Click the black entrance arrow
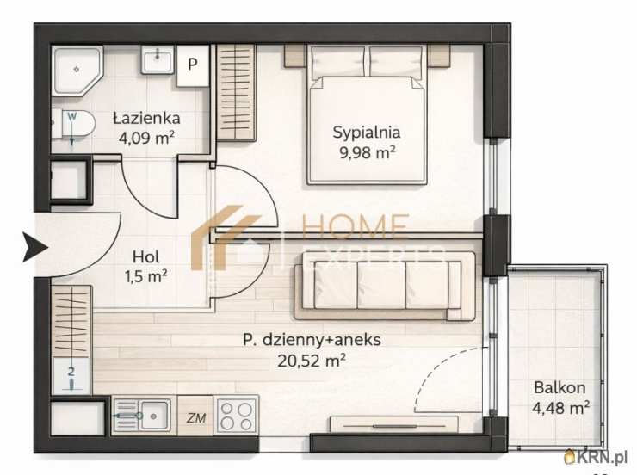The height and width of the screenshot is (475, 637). point(36,247)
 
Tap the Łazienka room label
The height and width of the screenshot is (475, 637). point(146,118)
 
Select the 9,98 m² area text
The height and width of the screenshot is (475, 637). point(368,152)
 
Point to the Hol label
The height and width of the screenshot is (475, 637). point(145,256)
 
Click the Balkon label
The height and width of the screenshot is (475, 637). point(560,387)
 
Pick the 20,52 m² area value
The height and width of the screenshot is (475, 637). point(312,360)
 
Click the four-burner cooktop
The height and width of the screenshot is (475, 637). point(236,416)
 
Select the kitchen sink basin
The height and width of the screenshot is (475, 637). point(153,416)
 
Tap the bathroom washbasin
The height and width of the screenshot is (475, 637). point(158,59)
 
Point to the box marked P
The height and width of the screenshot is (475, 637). point(193,65)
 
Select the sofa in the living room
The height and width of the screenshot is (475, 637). point(384,285)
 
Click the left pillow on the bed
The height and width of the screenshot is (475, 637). point(338,63)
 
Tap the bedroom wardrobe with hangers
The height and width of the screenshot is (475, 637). point(236,93)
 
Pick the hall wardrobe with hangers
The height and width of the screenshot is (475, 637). point(72,321)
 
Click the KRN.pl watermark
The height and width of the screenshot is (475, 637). point(597,458)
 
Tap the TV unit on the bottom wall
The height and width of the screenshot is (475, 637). point(394,424)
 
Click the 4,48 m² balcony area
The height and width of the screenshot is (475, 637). point(560,407)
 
